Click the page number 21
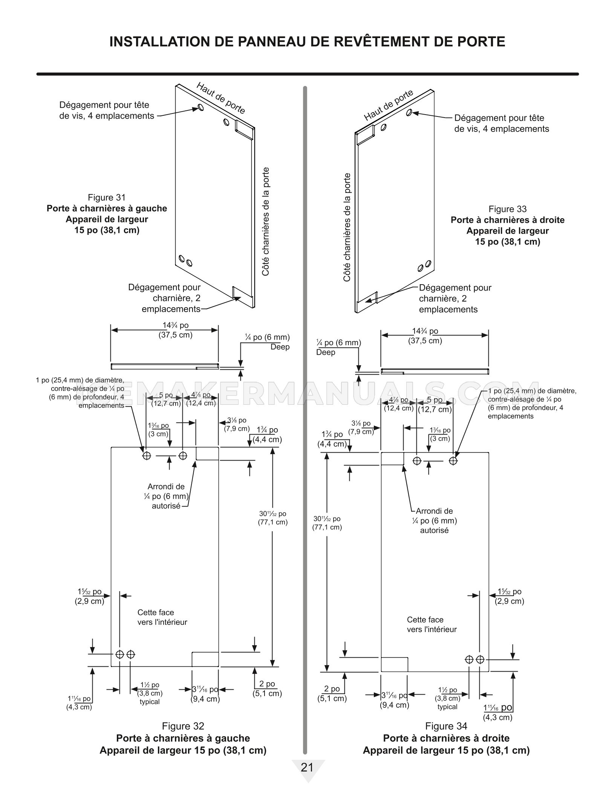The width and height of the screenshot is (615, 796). pyautogui.click(x=307, y=767)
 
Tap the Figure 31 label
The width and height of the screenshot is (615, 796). pyautogui.click(x=107, y=197)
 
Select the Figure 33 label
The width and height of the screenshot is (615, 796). pyautogui.click(x=508, y=209)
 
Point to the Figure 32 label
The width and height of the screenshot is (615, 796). pyautogui.click(x=183, y=726)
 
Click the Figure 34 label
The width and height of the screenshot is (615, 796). pyautogui.click(x=446, y=726)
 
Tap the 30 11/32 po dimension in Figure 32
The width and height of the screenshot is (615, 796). pyautogui.click(x=273, y=518)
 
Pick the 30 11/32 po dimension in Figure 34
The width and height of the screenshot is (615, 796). pyautogui.click(x=327, y=523)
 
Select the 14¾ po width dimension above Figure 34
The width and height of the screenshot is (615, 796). pyautogui.click(x=425, y=336)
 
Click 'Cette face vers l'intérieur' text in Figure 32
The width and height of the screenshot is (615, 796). pyautogui.click(x=162, y=617)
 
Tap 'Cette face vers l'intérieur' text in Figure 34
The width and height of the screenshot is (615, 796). pyautogui.click(x=432, y=625)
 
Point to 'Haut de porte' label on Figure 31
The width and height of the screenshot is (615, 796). pyautogui.click(x=221, y=98)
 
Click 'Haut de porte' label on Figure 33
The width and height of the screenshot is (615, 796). pyautogui.click(x=389, y=105)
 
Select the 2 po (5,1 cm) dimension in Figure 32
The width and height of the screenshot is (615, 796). pyautogui.click(x=267, y=689)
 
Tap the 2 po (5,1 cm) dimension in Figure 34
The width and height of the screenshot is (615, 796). pyautogui.click(x=332, y=693)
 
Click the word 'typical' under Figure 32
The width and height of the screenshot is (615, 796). pyautogui.click(x=150, y=702)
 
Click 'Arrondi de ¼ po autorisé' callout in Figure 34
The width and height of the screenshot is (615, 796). pyautogui.click(x=434, y=520)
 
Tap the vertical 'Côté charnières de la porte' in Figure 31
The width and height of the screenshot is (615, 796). pyautogui.click(x=266, y=222)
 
